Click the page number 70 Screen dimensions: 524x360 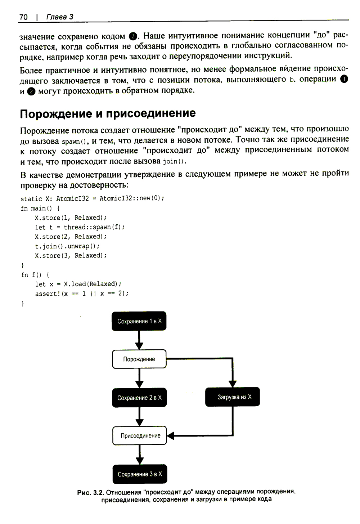click(x=24, y=17)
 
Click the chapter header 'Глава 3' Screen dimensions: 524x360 click(x=60, y=17)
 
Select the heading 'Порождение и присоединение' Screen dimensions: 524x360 click(x=108, y=113)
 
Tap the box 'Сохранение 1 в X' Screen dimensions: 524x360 click(x=139, y=321)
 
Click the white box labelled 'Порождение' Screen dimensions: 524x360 click(x=139, y=359)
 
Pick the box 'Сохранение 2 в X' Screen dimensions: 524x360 click(x=139, y=398)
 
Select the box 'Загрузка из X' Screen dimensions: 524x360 click(x=233, y=397)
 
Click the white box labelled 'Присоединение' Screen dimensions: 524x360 click(x=140, y=436)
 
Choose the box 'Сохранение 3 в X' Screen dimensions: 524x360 click(x=140, y=474)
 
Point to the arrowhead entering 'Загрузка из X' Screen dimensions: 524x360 click(x=233, y=384)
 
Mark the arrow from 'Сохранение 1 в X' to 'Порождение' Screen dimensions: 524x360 click(x=139, y=340)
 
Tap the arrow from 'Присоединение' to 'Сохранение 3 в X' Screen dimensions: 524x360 click(x=140, y=455)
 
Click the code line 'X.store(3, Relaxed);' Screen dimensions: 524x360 click(x=71, y=256)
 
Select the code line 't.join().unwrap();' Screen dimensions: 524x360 click(x=67, y=246)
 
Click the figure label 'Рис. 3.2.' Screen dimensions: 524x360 click(x=91, y=492)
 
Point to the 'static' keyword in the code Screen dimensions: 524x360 click(x=31, y=199)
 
